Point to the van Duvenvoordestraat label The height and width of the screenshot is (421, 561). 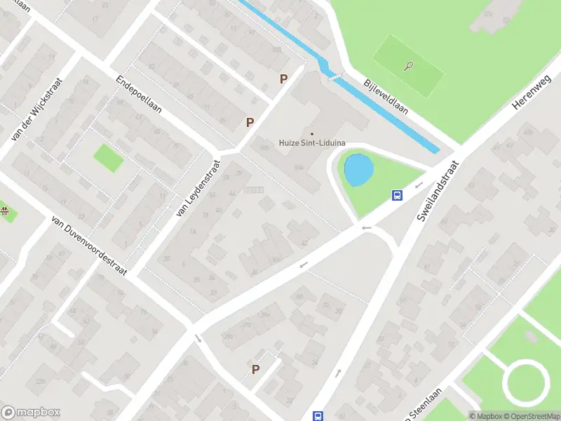click(x=88, y=246)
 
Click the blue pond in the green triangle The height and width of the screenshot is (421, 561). click(x=356, y=170)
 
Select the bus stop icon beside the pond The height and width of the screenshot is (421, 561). click(x=396, y=196)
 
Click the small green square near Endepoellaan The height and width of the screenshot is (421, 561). click(x=108, y=158)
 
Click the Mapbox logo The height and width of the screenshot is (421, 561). click(x=31, y=413)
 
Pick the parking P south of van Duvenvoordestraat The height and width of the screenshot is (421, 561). click(x=256, y=369)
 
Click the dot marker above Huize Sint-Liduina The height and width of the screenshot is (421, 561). click(x=312, y=133)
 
